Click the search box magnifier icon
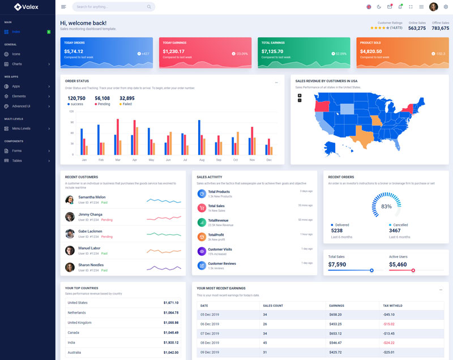coord(149,7)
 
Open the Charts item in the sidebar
coord(17,64)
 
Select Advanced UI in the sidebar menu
coord(22,106)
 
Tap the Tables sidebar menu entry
coord(17,160)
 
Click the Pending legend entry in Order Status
coord(104,104)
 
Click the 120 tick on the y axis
coord(71,112)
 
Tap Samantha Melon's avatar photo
coord(70,199)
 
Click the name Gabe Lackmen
coord(91,231)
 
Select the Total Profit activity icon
coord(202,237)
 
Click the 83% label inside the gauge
coord(386,207)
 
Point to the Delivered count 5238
coord(336,230)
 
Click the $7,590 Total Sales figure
coord(337,264)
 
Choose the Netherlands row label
coord(77,312)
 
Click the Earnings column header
coord(336,306)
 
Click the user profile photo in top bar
coord(433,7)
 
